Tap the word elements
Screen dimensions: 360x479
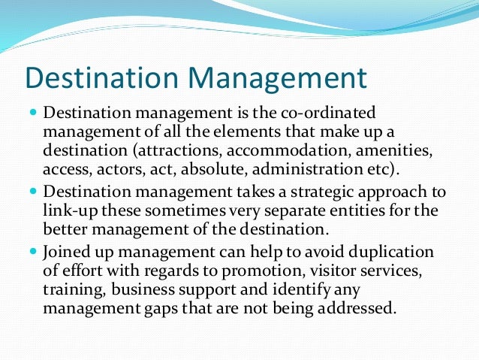(232, 132)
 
